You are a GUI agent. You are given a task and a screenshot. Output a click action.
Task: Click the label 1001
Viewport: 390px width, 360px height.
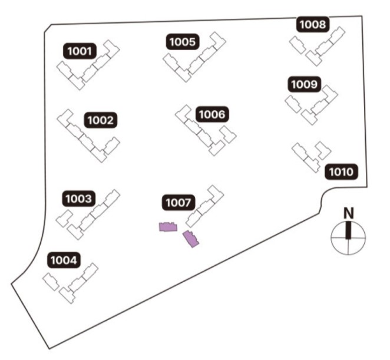tap(79, 51)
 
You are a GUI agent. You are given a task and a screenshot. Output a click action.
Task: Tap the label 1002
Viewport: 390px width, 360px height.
tap(100, 121)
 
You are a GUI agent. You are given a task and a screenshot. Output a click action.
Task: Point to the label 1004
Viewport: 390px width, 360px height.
tap(64, 259)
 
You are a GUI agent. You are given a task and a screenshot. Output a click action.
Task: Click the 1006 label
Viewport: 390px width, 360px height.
tap(211, 114)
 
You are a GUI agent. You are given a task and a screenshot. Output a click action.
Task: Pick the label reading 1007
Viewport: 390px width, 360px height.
tap(177, 203)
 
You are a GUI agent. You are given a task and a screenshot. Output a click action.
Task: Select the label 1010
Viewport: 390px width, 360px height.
tap(341, 172)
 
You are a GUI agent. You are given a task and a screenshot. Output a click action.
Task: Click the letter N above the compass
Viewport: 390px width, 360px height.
tap(349, 213)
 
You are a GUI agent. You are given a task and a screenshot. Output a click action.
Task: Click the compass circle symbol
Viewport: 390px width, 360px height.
tap(349, 237)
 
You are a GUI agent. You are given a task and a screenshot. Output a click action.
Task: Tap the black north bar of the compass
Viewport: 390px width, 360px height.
tap(349, 229)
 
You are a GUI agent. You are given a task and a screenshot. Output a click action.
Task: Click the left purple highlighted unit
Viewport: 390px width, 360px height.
tap(168, 227)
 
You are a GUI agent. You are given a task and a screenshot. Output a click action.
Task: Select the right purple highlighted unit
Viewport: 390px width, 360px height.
tap(191, 239)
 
